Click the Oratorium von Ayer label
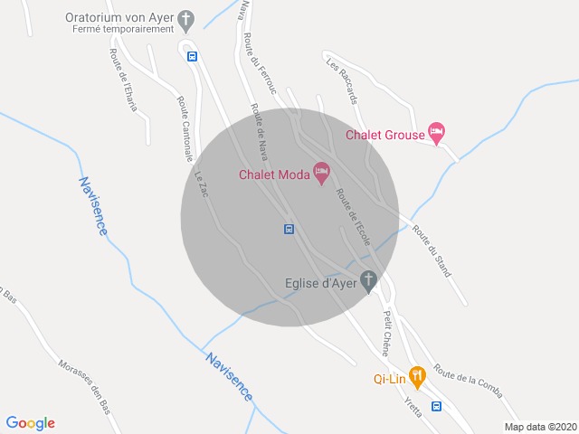tap(119, 17)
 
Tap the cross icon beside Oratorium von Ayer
tap(187, 18)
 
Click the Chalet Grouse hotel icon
tap(436, 133)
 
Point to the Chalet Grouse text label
tap(385, 136)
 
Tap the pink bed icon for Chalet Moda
tap(321, 172)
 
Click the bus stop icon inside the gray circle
tap(289, 228)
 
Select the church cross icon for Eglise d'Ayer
tap(368, 281)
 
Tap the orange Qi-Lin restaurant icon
tap(417, 374)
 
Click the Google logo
tap(30, 422)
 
